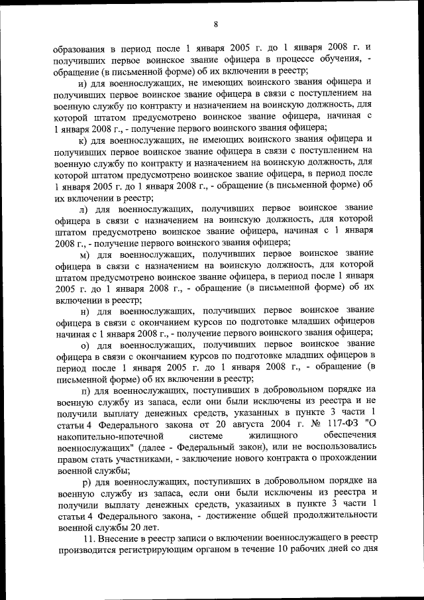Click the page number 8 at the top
point(216,25)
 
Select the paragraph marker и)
point(83,82)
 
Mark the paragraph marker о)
point(83,345)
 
